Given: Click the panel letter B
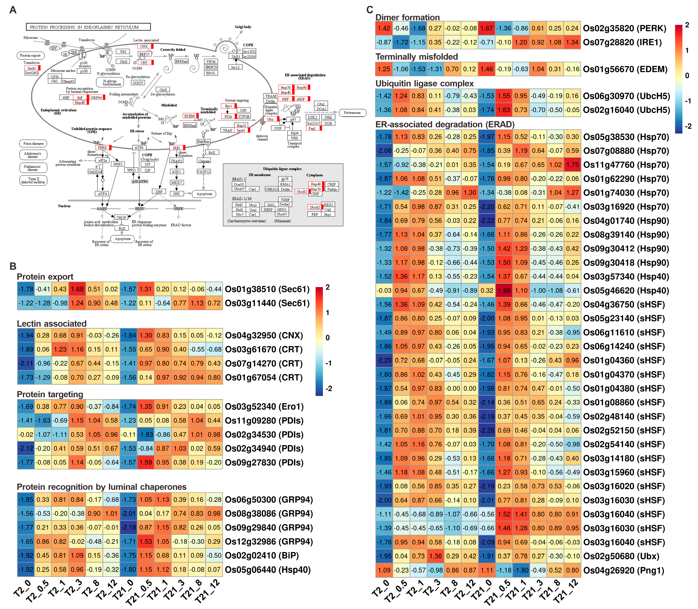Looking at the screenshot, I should tap(13, 266).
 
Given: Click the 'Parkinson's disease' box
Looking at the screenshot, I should tap(33, 168).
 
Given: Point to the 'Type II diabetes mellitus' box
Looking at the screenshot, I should tap(33, 180).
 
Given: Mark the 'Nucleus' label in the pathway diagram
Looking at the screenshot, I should tap(64, 206).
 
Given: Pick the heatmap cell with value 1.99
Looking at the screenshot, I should tap(504, 291).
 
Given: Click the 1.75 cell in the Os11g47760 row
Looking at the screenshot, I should tap(572, 165).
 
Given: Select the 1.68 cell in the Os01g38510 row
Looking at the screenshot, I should tap(77, 289).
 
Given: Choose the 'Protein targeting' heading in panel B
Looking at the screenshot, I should tap(50, 394).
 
